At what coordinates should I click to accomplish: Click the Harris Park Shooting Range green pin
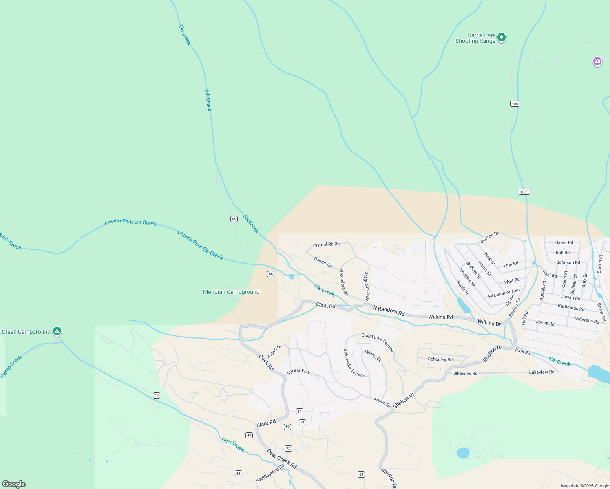click(x=502, y=37)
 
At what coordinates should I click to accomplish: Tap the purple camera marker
click(x=597, y=62)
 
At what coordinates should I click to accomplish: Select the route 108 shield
click(x=515, y=104)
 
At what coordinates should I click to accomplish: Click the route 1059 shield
click(x=524, y=192)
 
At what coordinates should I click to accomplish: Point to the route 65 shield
click(x=234, y=219)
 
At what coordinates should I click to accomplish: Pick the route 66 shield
click(x=271, y=274)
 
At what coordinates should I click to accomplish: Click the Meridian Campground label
click(x=231, y=292)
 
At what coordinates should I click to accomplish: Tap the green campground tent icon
click(x=57, y=331)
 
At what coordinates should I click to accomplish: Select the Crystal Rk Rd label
click(x=326, y=244)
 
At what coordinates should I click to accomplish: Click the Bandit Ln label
click(x=323, y=262)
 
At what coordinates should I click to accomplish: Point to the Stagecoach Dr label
click(x=367, y=286)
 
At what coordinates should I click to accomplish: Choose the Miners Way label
click(x=298, y=371)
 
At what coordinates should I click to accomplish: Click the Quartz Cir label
click(x=374, y=356)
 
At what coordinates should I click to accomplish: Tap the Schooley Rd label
click(x=440, y=359)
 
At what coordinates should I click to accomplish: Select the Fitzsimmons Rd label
click(x=504, y=293)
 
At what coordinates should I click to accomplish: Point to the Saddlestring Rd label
click(x=270, y=473)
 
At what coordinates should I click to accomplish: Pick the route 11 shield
click(x=300, y=412)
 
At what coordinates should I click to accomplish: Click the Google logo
click(x=14, y=484)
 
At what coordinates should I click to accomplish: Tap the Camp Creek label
click(x=11, y=366)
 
